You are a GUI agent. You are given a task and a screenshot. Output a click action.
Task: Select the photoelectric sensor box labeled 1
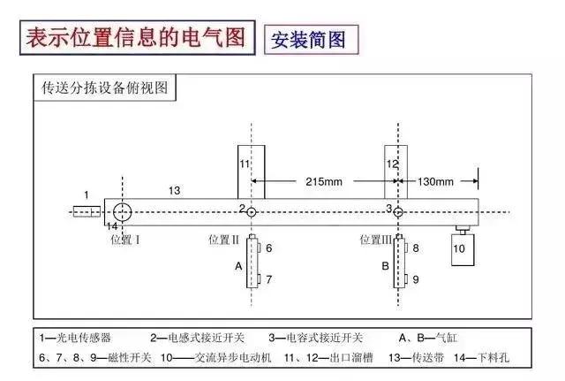click(87, 212)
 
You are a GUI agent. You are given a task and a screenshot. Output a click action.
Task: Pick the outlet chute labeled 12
click(392, 172)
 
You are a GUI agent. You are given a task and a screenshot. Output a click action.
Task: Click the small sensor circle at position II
click(252, 212)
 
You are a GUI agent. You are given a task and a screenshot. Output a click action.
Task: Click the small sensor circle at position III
click(398, 212)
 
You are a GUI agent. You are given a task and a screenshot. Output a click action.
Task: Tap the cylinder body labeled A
click(253, 264)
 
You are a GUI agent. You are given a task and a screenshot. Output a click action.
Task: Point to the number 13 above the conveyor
click(174, 190)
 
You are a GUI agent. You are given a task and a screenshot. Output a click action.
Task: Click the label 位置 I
click(124, 240)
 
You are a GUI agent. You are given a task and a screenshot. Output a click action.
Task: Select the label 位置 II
click(224, 240)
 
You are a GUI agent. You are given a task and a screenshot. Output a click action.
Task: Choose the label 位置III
click(376, 240)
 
